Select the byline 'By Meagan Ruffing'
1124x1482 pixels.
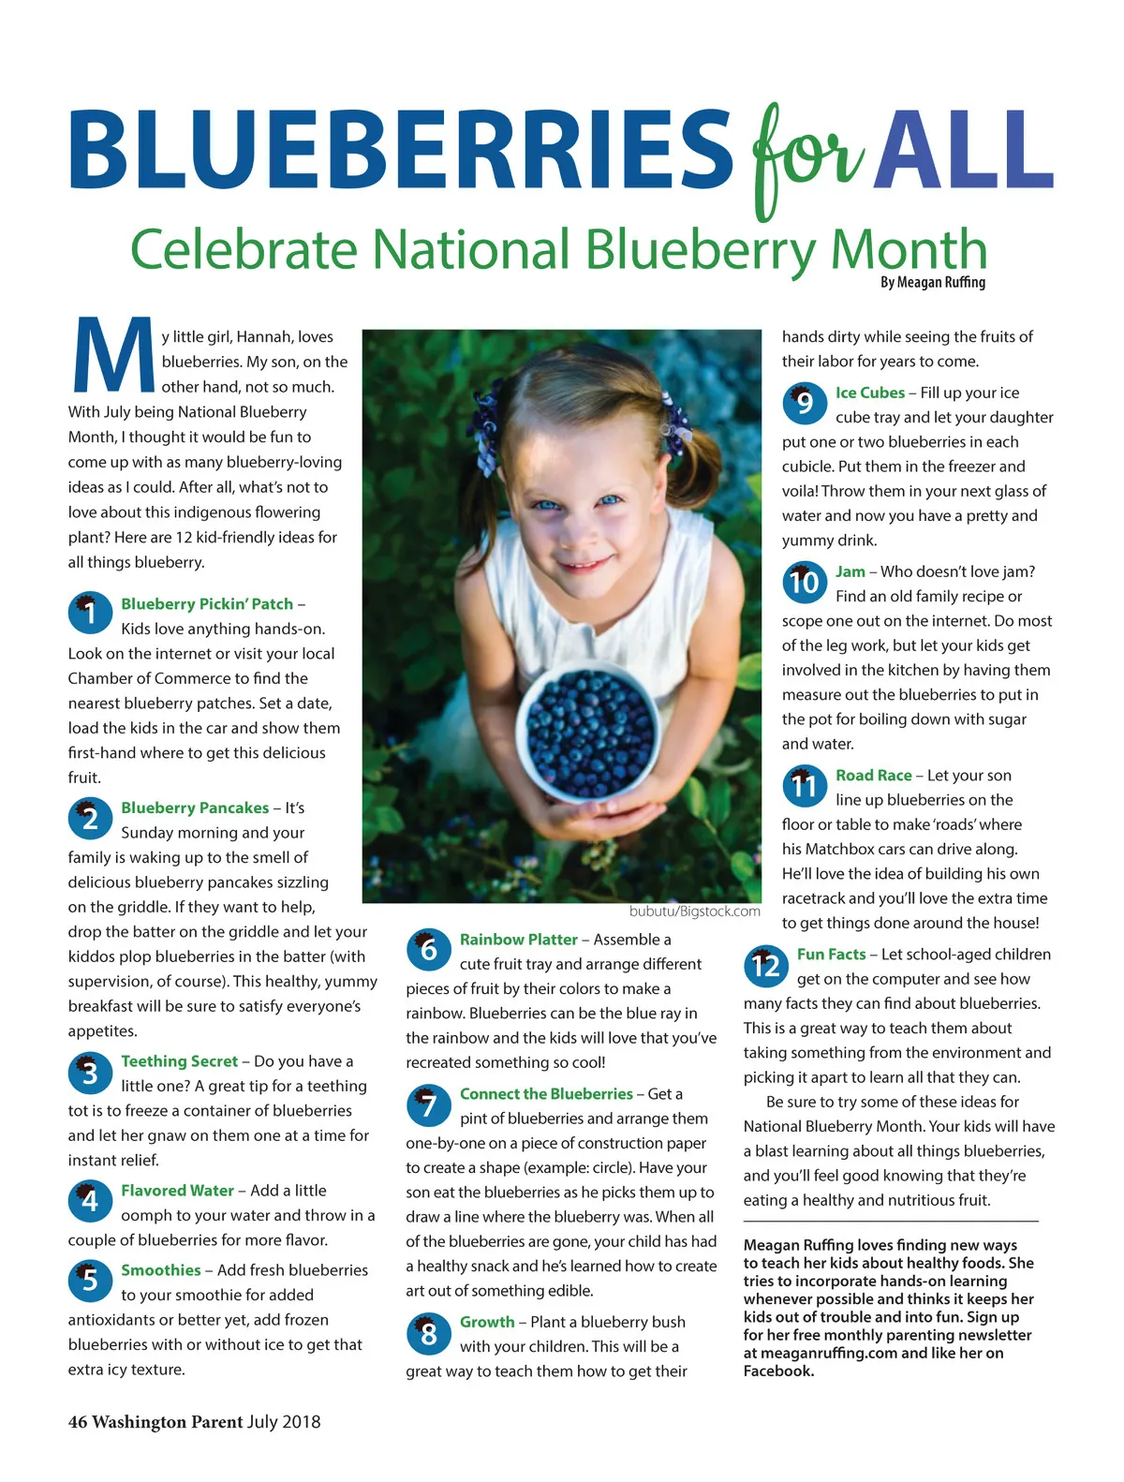click(x=932, y=282)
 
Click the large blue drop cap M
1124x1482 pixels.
click(x=112, y=356)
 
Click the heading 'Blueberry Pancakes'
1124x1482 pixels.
click(x=195, y=808)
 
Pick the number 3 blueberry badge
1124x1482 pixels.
click(x=90, y=1072)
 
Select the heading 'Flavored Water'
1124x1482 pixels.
click(x=177, y=1191)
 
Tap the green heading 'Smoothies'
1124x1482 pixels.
click(x=160, y=1270)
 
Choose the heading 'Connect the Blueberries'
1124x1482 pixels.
click(x=546, y=1094)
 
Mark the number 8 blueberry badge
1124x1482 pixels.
click(x=428, y=1333)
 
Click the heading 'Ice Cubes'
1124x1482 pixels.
click(x=869, y=393)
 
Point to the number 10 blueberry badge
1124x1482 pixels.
click(x=805, y=582)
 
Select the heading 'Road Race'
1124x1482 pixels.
click(x=873, y=776)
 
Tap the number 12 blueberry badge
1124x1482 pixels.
click(x=765, y=965)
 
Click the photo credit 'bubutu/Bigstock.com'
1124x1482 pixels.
click(x=694, y=911)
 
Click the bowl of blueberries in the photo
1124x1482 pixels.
click(x=591, y=732)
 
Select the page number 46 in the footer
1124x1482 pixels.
click(x=78, y=1422)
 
